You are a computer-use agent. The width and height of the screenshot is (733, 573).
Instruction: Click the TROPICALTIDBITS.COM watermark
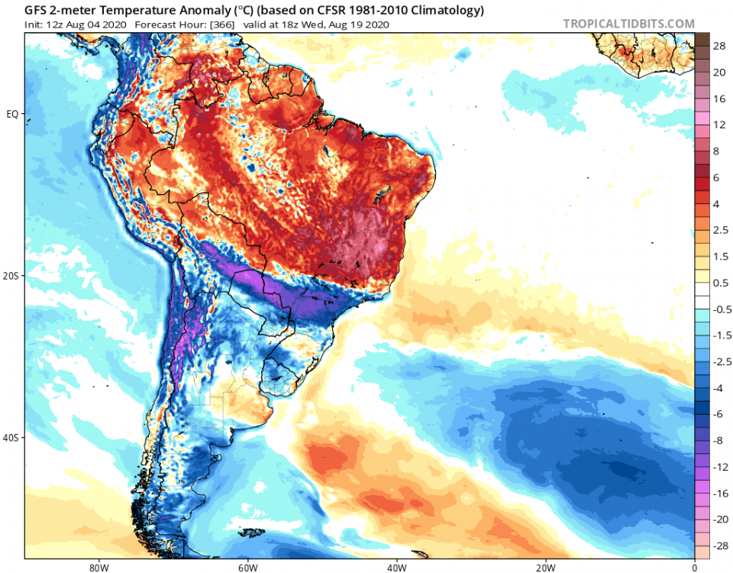[x=628, y=24]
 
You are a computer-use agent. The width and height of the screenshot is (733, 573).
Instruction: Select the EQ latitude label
[x=13, y=114]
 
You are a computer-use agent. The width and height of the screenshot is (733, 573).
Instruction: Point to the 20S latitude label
[x=11, y=276]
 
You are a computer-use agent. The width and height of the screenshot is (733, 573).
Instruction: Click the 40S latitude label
[x=11, y=438]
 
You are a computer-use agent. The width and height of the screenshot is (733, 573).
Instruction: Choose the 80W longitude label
[x=96, y=567]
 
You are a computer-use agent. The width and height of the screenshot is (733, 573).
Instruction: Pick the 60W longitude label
[x=246, y=567]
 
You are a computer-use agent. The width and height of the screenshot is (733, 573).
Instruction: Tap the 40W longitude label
[x=396, y=567]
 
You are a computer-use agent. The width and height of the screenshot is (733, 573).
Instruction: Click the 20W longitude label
[x=544, y=567]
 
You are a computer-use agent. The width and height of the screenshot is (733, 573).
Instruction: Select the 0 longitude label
[x=694, y=567]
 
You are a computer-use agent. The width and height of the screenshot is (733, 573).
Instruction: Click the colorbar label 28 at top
[x=719, y=47]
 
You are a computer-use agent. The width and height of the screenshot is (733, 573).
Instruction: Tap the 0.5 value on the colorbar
[x=720, y=283]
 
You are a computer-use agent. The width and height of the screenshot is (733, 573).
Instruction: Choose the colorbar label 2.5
[x=720, y=230]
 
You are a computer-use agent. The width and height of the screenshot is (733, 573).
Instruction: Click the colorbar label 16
[x=719, y=99]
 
